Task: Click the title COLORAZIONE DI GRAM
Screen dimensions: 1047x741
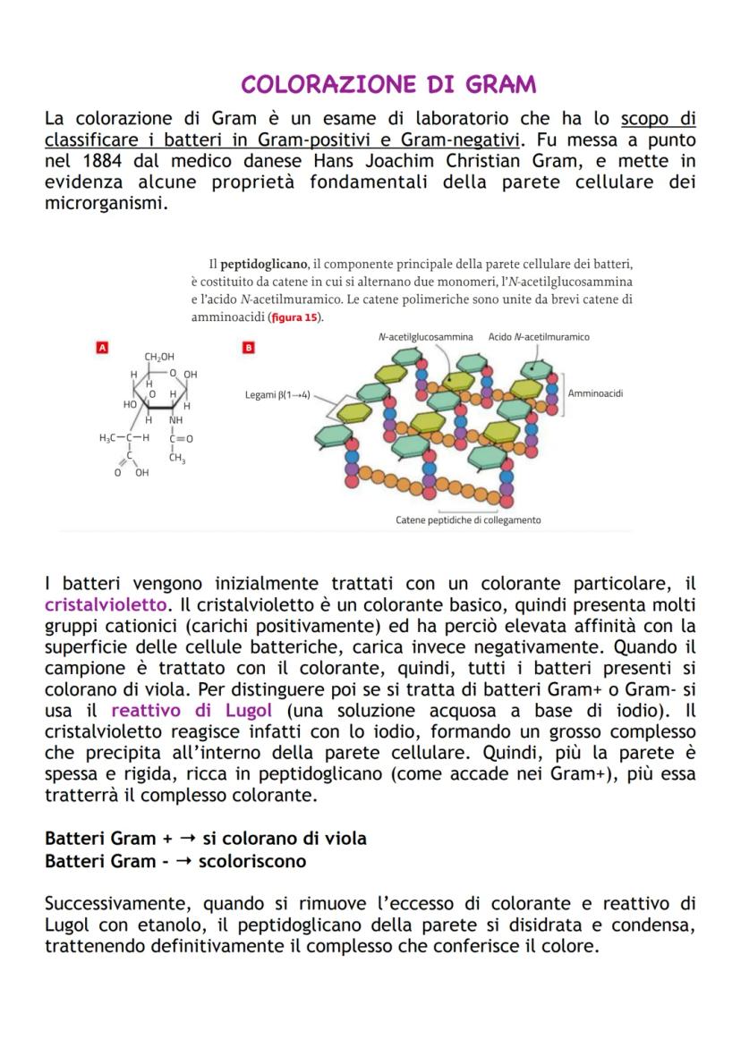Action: [x=389, y=85]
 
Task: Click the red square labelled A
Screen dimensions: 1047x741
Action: [x=102, y=347]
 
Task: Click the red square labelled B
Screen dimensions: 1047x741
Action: [x=249, y=347]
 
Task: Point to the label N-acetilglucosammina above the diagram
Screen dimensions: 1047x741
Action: [x=425, y=337]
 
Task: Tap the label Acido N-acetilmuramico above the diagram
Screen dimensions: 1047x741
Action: [x=539, y=337]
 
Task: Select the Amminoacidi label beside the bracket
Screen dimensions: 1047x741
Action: [x=595, y=393]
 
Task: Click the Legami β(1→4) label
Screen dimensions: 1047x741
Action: [x=277, y=394]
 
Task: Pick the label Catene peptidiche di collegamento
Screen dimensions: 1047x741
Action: [x=468, y=519]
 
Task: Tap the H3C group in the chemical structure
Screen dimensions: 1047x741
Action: [x=111, y=439]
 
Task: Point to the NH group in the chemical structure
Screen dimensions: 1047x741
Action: [x=176, y=420]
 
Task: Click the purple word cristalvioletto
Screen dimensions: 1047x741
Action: [x=106, y=605]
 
